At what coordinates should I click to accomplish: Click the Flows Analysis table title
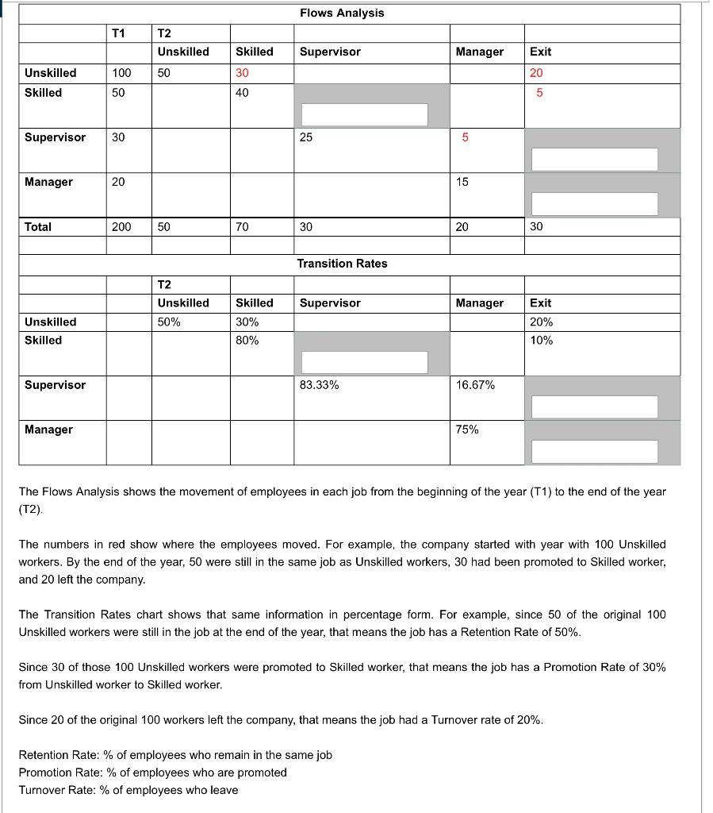point(342,13)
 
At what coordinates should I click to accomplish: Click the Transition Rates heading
point(342,264)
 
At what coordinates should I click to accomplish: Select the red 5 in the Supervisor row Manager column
point(466,137)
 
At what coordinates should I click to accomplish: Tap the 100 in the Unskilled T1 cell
point(121,73)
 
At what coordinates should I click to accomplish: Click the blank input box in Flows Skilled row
point(364,114)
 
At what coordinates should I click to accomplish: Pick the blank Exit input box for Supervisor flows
point(594,159)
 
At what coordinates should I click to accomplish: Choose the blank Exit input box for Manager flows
point(594,203)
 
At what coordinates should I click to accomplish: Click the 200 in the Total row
point(121,227)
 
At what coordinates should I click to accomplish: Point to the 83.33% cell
point(320,385)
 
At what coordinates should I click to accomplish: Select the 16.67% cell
point(475,385)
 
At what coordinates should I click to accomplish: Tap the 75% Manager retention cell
point(467,430)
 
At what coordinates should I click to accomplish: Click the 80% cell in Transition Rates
point(247,341)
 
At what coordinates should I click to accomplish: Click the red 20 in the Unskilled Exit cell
point(536,73)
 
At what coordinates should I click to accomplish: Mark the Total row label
point(38,227)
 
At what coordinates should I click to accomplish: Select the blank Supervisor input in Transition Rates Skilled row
point(364,362)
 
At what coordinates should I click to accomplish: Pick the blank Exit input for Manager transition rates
point(594,451)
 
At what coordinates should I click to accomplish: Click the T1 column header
point(118,33)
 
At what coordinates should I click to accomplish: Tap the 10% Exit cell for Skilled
point(541,341)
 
